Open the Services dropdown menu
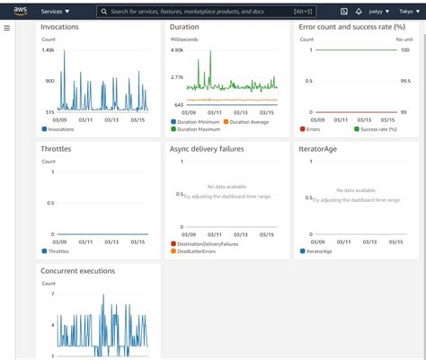[55, 12]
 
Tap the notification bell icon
[359, 12]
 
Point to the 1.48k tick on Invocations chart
[49, 50]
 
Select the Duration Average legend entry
[254, 121]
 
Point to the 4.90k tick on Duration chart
[177, 50]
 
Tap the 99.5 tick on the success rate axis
[404, 81]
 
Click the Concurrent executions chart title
[77, 270]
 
